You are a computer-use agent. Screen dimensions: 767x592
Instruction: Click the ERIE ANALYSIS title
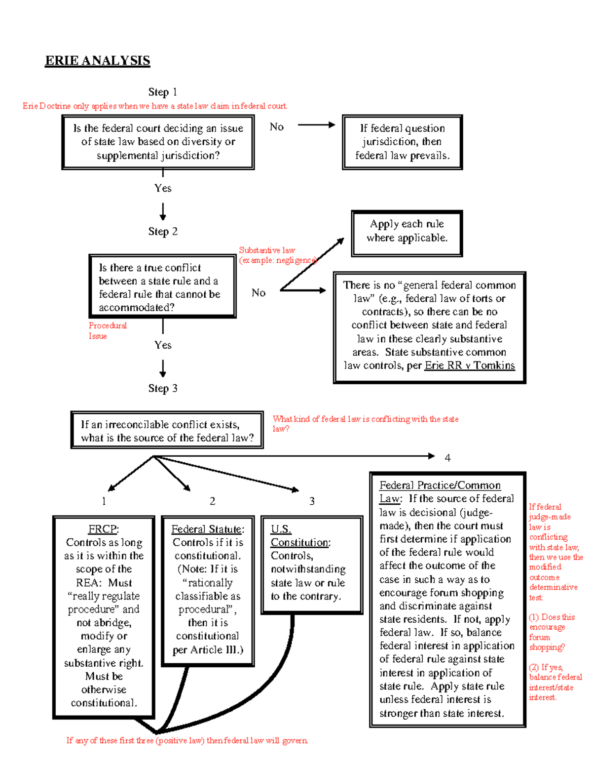coord(97,61)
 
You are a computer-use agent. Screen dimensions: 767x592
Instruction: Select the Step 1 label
coord(162,92)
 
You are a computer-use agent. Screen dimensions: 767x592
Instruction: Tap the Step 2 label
coord(162,231)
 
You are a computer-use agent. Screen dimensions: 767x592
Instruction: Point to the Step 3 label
coord(162,388)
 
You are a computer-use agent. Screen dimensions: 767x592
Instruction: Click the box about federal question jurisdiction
coord(402,142)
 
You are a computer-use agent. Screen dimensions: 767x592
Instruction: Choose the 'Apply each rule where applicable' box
coord(407,231)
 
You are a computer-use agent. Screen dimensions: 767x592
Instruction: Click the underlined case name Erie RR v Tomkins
coord(469,365)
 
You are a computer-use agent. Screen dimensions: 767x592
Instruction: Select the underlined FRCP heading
coord(103,529)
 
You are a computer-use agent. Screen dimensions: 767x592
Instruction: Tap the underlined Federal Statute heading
coord(208,529)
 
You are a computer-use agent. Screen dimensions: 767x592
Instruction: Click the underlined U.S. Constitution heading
coord(300,536)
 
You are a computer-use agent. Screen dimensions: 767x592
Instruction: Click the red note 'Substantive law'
coord(267,250)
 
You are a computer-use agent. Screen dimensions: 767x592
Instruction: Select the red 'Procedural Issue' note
coord(107,330)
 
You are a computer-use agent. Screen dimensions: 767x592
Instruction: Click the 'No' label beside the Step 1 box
coord(276,127)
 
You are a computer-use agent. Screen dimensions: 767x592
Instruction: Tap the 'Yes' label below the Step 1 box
coord(162,188)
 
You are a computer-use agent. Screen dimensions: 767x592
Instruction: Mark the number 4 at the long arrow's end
coord(447,458)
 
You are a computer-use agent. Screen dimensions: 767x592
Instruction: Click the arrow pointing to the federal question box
coord(316,125)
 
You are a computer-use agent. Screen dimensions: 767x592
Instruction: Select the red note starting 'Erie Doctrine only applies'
coord(154,106)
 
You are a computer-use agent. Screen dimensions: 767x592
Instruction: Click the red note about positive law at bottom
coord(187,740)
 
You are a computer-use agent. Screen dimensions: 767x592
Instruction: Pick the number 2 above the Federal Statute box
coord(212,501)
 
